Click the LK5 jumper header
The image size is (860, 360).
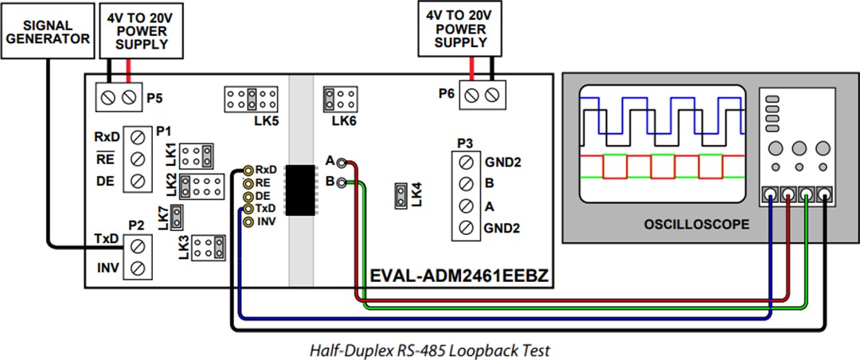(251, 100)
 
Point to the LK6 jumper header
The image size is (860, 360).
(338, 100)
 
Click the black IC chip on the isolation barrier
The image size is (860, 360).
(302, 189)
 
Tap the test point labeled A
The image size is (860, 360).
(342, 162)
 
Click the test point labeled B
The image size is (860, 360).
(342, 182)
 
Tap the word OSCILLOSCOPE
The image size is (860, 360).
(696, 225)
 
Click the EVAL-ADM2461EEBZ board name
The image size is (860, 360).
(459, 276)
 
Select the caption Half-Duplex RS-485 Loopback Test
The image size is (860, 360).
(429, 349)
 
